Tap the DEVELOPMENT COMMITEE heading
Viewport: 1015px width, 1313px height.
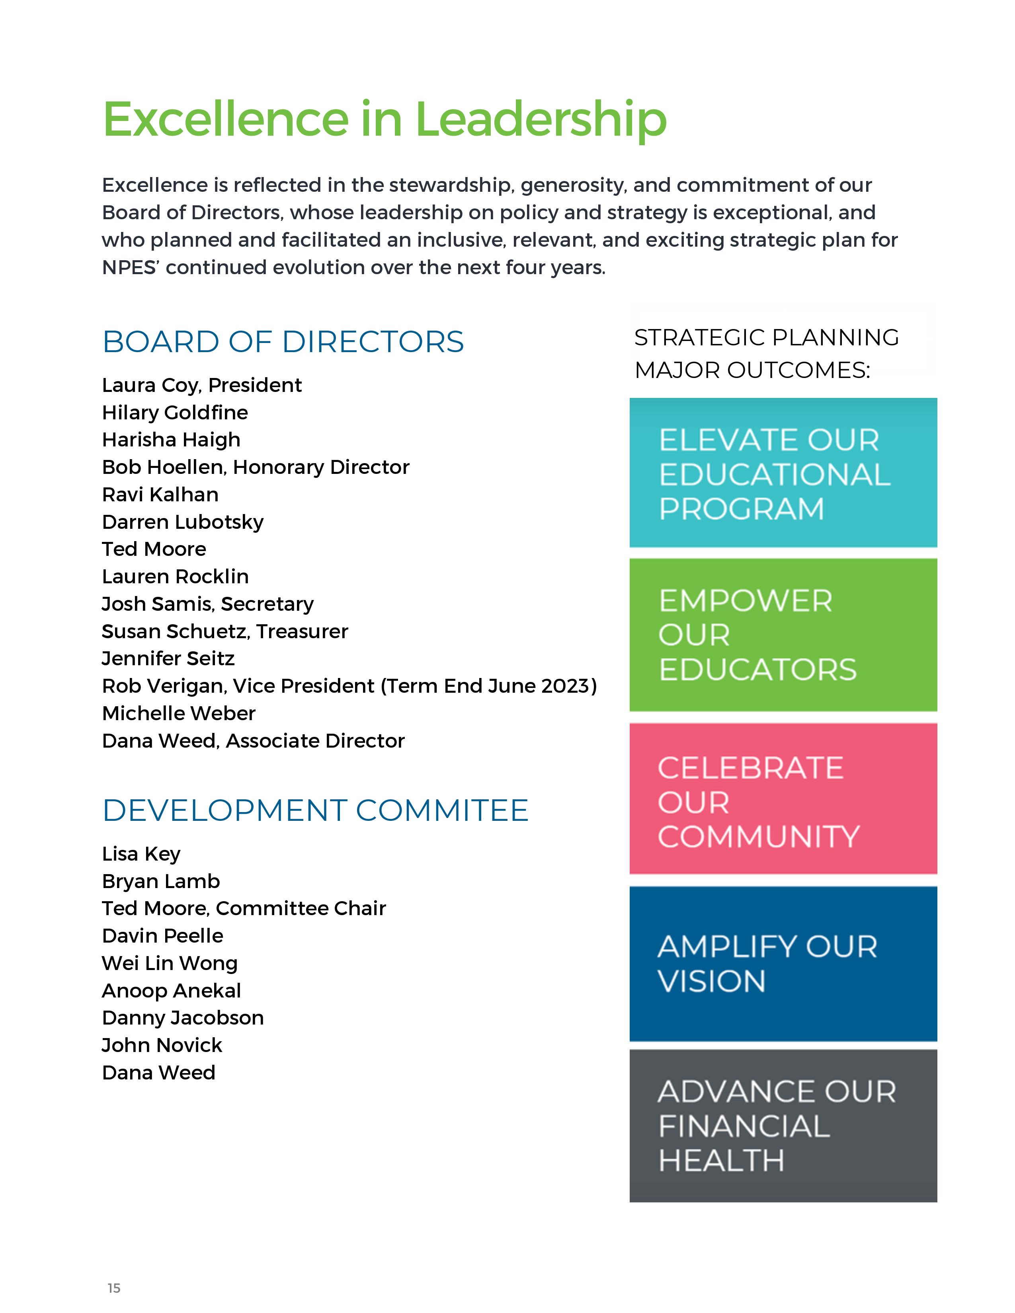(x=315, y=810)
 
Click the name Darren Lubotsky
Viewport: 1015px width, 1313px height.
(x=183, y=522)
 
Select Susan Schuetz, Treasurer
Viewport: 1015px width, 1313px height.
(x=225, y=631)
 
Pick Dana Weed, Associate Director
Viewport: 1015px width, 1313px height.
(x=253, y=741)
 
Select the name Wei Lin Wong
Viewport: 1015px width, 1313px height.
(x=170, y=963)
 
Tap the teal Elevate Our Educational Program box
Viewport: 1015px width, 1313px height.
(x=783, y=473)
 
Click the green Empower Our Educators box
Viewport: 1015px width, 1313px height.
(x=783, y=635)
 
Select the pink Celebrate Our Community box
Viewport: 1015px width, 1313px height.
(x=783, y=799)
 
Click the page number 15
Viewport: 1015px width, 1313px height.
(x=114, y=1288)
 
